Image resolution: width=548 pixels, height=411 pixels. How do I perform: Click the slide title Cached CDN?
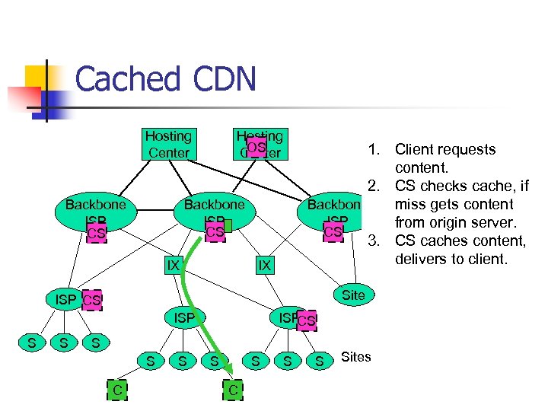click(x=165, y=80)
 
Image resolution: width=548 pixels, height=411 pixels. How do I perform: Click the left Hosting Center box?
click(x=169, y=144)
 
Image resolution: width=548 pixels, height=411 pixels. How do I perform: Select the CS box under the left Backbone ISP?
click(x=96, y=232)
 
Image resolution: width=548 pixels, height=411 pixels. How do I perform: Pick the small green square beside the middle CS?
click(x=227, y=226)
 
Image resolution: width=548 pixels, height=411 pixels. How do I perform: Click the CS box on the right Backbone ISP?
click(x=333, y=231)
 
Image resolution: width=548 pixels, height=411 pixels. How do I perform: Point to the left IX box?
click(x=173, y=265)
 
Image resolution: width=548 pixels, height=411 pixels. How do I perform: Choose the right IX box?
click(x=263, y=265)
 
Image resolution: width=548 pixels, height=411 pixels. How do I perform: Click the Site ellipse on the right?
click(x=353, y=295)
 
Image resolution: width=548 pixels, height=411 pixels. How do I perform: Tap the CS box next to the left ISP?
click(x=91, y=301)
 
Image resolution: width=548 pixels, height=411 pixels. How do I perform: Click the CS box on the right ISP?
click(x=306, y=321)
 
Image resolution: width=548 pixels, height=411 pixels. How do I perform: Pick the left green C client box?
click(x=116, y=390)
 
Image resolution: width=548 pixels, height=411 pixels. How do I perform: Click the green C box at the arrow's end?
click(x=233, y=390)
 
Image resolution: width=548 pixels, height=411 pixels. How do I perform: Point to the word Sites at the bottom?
click(x=356, y=357)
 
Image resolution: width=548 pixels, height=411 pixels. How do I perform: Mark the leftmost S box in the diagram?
click(x=31, y=343)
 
